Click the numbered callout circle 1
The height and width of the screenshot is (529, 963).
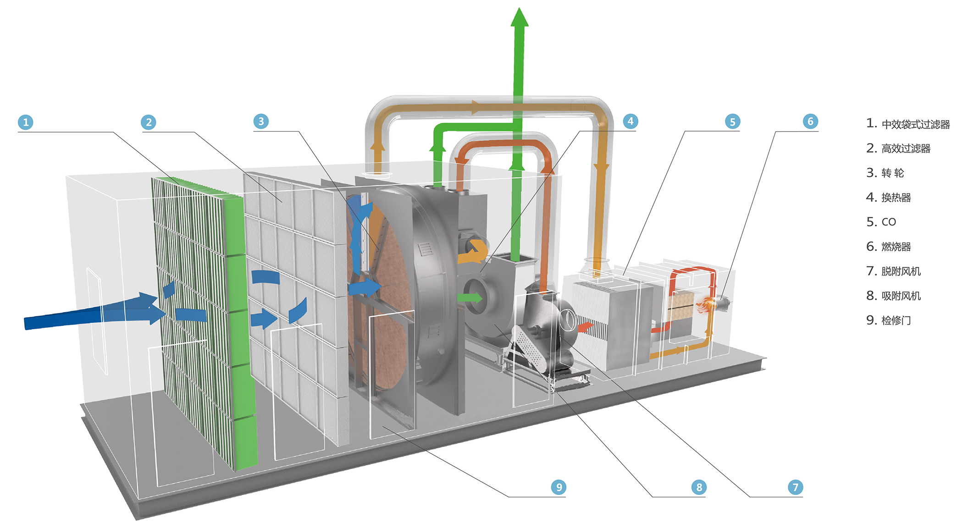click(x=26, y=122)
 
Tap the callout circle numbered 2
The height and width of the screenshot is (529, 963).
click(x=149, y=122)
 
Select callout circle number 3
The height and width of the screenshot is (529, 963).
click(x=261, y=121)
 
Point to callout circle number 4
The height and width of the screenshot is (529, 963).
click(x=631, y=121)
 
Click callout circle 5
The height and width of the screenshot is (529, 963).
click(x=732, y=121)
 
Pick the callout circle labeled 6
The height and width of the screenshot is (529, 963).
click(x=810, y=121)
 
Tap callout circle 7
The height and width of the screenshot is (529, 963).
click(x=796, y=487)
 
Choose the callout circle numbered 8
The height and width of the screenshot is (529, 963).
click(x=699, y=487)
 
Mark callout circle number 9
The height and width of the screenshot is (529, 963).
click(x=559, y=487)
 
